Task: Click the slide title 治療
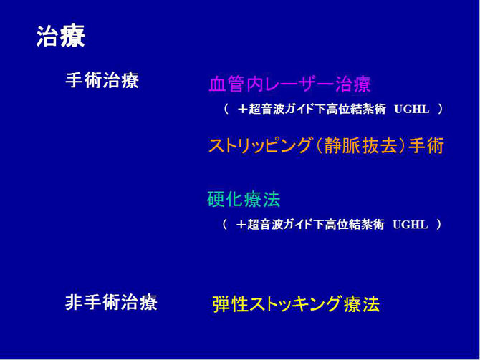(60, 37)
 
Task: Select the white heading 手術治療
(102, 80)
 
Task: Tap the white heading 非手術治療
(111, 303)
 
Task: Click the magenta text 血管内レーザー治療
(289, 84)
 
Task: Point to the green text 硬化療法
(244, 199)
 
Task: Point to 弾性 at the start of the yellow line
(229, 304)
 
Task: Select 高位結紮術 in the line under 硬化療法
(352, 225)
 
